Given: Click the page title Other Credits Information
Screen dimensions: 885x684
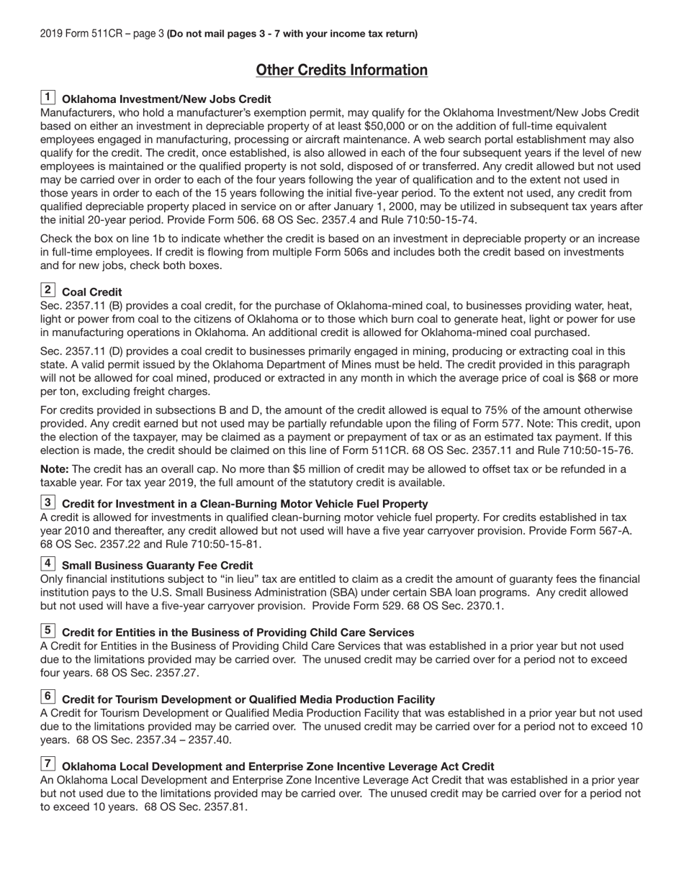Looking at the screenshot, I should click(x=341, y=70).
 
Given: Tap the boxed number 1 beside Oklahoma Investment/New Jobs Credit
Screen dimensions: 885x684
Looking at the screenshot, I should click(x=48, y=97).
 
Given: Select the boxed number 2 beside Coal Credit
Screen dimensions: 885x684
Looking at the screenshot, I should click(x=48, y=290).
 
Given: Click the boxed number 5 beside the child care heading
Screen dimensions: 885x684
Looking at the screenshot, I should click(x=48, y=630).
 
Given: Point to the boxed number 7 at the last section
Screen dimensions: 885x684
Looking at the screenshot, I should click(x=48, y=764).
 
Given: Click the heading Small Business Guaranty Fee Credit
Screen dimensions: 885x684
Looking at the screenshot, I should click(x=157, y=566).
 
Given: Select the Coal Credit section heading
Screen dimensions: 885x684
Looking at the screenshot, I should click(x=92, y=292).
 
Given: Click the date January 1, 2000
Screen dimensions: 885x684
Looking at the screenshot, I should click(x=381, y=206).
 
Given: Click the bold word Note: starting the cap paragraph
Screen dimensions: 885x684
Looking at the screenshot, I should click(x=55, y=469).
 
